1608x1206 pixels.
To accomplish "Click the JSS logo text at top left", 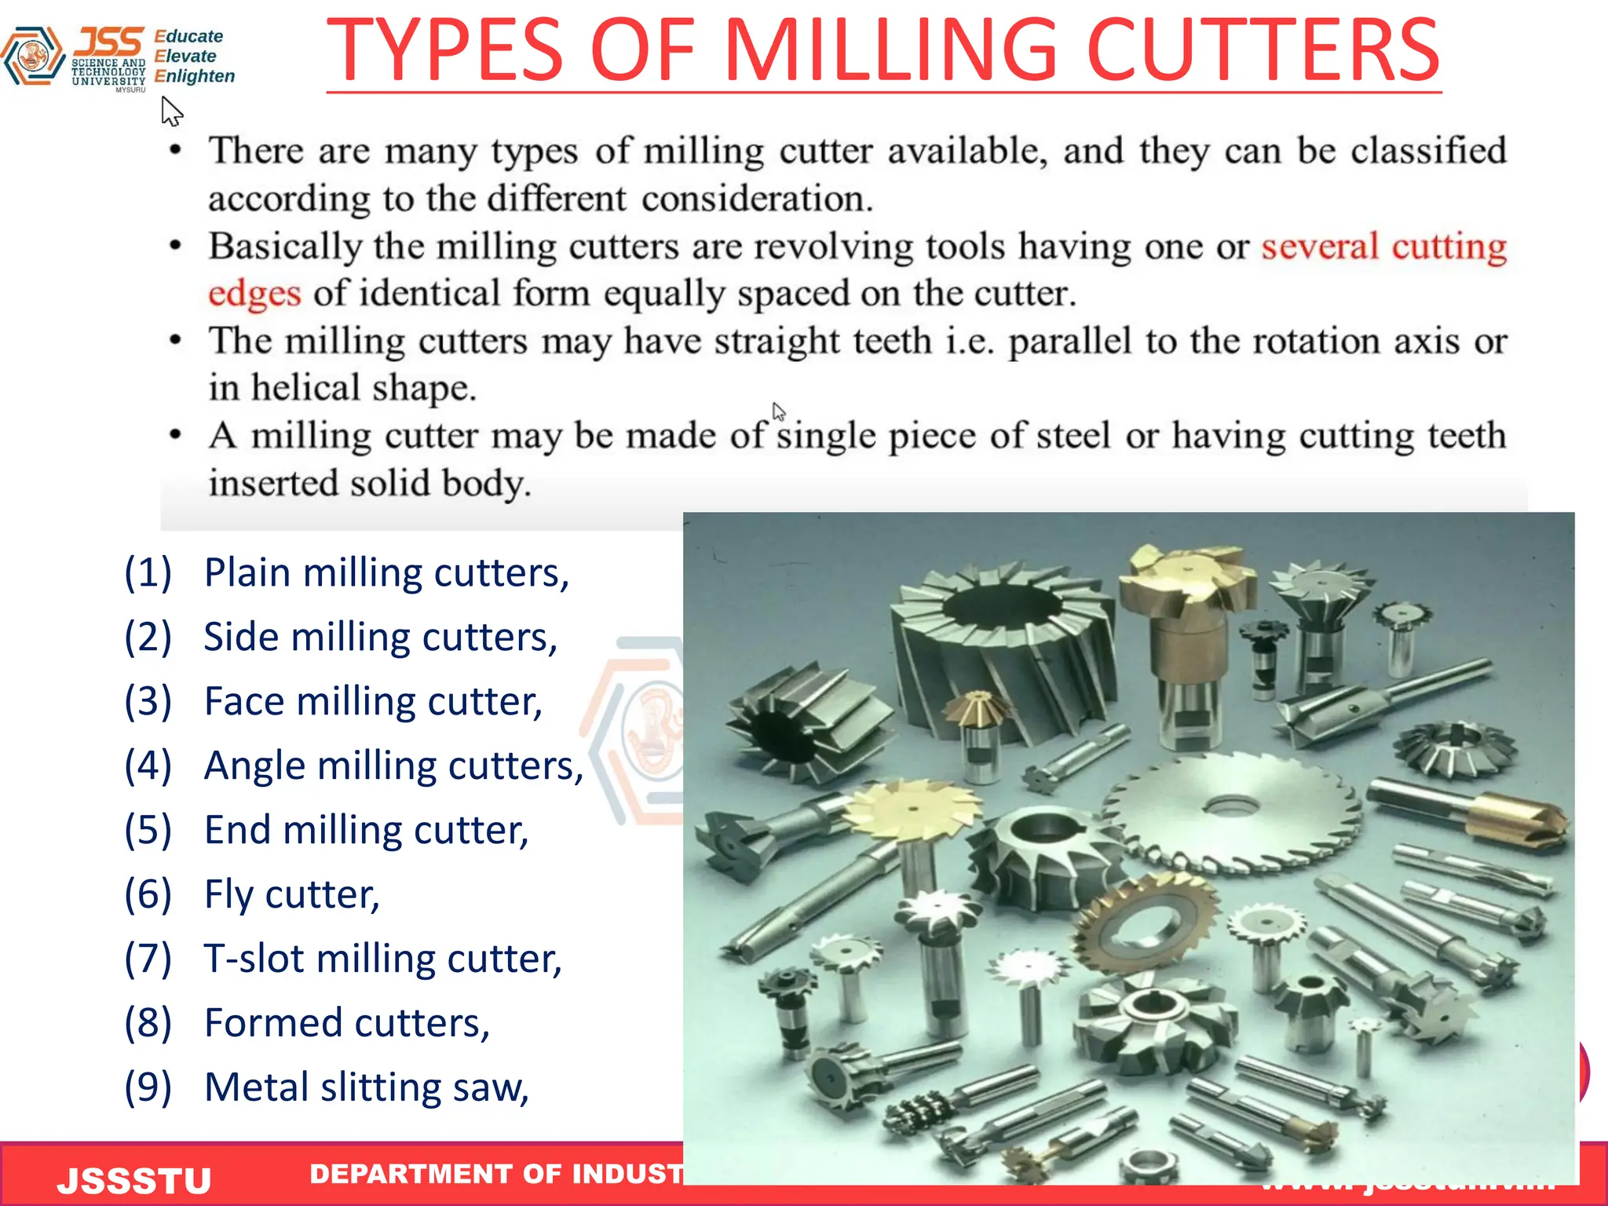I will click(x=110, y=41).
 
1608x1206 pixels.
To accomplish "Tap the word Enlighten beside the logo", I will click(x=195, y=76).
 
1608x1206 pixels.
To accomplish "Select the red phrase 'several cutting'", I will click(x=1383, y=247).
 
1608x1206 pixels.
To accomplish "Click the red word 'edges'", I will click(x=254, y=294).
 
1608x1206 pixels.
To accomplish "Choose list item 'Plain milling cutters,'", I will click(x=386, y=572).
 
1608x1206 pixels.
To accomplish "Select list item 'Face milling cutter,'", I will click(x=373, y=701).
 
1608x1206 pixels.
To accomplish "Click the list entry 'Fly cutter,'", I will click(x=291, y=894).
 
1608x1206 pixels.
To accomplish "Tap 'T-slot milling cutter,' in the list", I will click(x=382, y=959).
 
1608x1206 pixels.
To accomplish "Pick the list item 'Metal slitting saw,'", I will click(x=366, y=1087).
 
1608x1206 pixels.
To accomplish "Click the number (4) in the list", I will click(x=148, y=766).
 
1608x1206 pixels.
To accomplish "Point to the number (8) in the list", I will click(x=148, y=1023).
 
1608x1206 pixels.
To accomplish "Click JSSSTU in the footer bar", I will click(x=134, y=1180).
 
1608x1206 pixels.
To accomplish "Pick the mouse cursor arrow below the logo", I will click(x=170, y=111).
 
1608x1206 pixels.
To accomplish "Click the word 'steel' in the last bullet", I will click(x=1073, y=436).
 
